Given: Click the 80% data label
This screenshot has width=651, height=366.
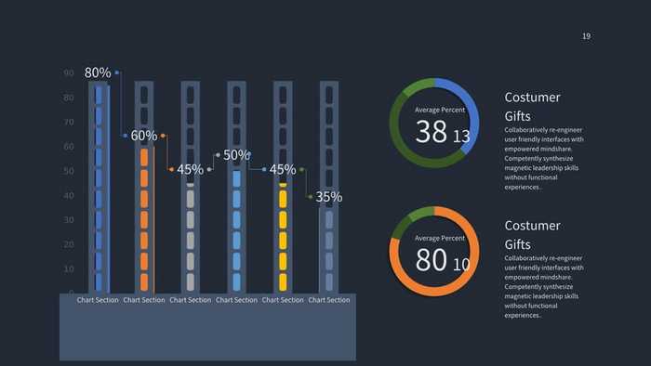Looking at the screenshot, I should pyautogui.click(x=98, y=72).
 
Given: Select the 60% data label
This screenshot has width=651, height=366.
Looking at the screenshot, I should pyautogui.click(x=143, y=136).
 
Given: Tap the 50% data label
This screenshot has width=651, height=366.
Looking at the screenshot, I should pyautogui.click(x=236, y=155).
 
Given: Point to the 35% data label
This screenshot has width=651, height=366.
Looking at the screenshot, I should pyautogui.click(x=328, y=197).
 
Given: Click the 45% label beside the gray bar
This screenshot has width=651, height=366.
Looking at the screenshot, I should pyautogui.click(x=190, y=170).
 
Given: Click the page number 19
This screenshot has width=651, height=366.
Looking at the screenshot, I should pyautogui.click(x=586, y=36).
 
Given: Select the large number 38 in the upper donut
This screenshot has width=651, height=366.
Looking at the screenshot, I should pyautogui.click(x=432, y=132).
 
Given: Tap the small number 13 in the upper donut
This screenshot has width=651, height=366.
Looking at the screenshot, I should pyautogui.click(x=461, y=137).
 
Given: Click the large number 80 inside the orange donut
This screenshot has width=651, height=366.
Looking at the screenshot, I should pyautogui.click(x=432, y=260).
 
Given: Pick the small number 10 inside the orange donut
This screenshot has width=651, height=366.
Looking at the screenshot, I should pyautogui.click(x=461, y=265).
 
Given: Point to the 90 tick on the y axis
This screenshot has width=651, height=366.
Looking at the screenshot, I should pyautogui.click(x=69, y=73).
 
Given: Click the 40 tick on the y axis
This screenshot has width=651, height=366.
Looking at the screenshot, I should pyautogui.click(x=69, y=196).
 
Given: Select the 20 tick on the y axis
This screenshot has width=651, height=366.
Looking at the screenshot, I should pyautogui.click(x=69, y=245).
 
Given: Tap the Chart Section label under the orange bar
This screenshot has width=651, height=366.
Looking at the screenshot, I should pyautogui.click(x=144, y=300).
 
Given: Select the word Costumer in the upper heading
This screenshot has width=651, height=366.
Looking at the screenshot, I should pyautogui.click(x=532, y=98).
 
